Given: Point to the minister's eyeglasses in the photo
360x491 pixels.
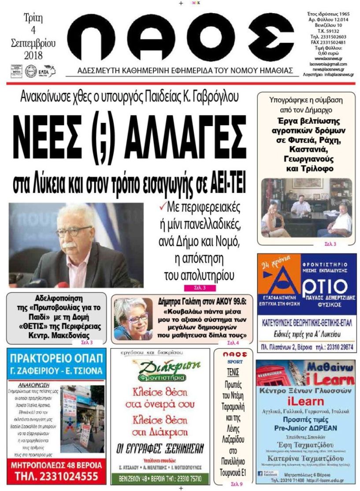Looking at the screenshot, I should pyautogui.click(x=73, y=231).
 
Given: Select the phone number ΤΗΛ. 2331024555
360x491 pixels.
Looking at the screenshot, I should pyautogui.click(x=56, y=476).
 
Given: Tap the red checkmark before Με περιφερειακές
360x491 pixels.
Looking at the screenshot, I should pyautogui.click(x=162, y=206).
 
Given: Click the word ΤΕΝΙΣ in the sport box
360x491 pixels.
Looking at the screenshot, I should pyautogui.click(x=233, y=373).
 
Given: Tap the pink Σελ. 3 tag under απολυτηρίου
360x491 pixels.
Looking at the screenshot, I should pyautogui.click(x=194, y=288).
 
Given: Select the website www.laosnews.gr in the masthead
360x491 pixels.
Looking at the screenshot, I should pyautogui.click(x=329, y=58).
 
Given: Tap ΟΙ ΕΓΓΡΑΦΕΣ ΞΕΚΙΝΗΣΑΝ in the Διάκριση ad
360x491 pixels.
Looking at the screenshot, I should pyautogui.click(x=160, y=449).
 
